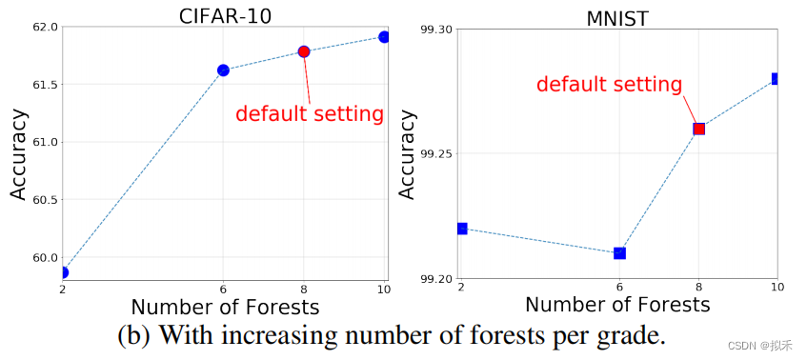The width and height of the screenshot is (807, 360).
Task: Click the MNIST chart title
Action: (618, 17)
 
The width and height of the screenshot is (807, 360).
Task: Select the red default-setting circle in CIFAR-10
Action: (304, 51)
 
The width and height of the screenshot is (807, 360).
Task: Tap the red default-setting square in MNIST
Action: (698, 129)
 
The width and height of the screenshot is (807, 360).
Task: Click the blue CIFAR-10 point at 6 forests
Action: (223, 70)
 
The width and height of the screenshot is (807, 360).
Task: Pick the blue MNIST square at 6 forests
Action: (619, 253)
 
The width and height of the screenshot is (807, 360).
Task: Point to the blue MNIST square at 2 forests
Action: (462, 229)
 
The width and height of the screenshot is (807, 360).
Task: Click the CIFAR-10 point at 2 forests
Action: (64, 272)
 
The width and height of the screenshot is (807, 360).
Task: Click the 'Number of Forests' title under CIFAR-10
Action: (225, 308)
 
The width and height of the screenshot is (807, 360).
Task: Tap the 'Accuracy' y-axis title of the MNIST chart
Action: (407, 154)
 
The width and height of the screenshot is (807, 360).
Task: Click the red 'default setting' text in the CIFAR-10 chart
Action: (309, 114)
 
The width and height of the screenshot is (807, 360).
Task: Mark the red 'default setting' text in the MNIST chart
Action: (609, 84)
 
